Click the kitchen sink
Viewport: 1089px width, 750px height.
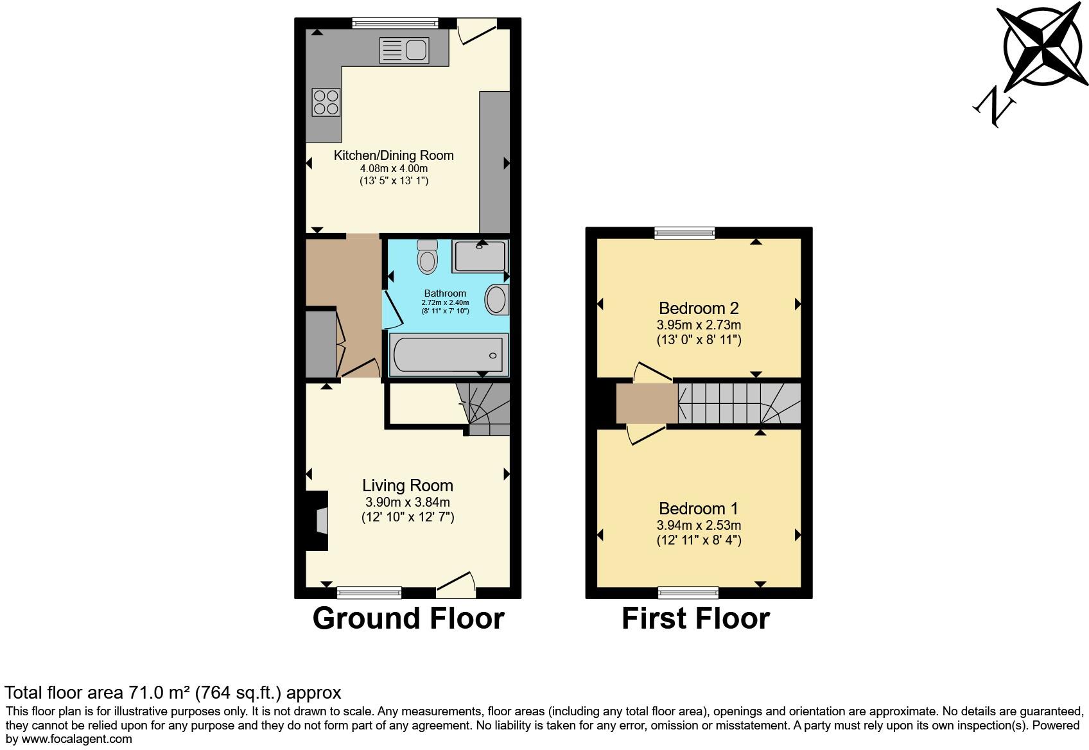pyautogui.click(x=404, y=51)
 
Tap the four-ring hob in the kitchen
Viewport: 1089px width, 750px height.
pyautogui.click(x=326, y=103)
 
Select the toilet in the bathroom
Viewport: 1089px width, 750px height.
pyautogui.click(x=427, y=257)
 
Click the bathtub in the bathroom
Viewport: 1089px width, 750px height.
pyautogui.click(x=449, y=354)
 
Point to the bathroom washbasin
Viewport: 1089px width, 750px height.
pyautogui.click(x=496, y=300)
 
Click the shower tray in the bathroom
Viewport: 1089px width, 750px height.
pyautogui.click(x=480, y=257)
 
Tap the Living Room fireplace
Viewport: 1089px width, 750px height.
pyautogui.click(x=318, y=521)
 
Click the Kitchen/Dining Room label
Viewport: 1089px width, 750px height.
pyautogui.click(x=394, y=155)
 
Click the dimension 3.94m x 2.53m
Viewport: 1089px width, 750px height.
pyautogui.click(x=699, y=525)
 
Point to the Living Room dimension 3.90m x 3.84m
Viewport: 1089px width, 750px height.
pyautogui.click(x=407, y=502)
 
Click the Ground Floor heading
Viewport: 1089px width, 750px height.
pyautogui.click(x=408, y=618)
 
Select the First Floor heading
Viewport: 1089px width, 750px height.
pyautogui.click(x=695, y=618)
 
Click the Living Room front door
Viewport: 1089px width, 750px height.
pyautogui.click(x=457, y=582)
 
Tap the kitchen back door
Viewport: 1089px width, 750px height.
pyautogui.click(x=477, y=31)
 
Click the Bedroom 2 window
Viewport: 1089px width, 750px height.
pyautogui.click(x=684, y=233)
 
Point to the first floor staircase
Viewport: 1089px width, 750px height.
pyautogui.click(x=738, y=403)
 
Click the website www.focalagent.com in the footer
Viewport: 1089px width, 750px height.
pyautogui.click(x=69, y=739)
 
